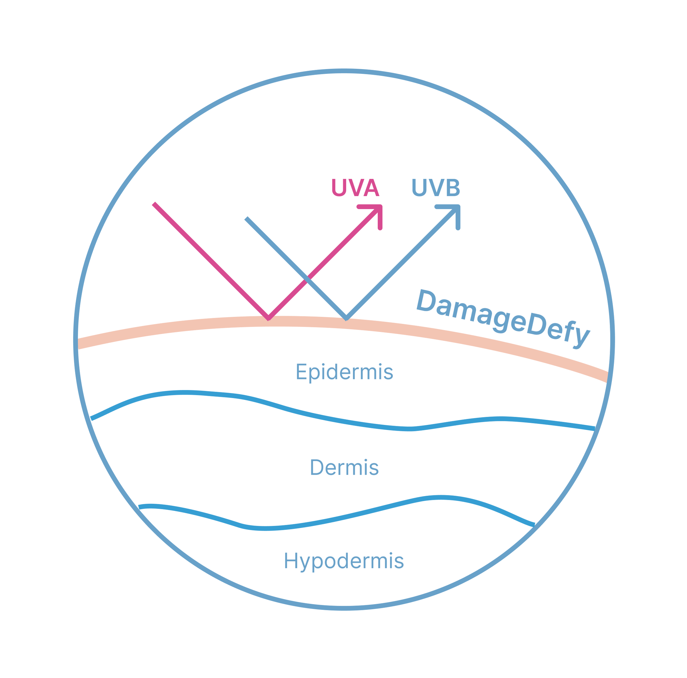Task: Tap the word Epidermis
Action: pyautogui.click(x=344, y=372)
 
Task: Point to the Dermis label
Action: pyautogui.click(x=344, y=467)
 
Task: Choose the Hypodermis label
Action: pyautogui.click(x=343, y=561)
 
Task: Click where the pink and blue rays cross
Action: pyautogui.click(x=308, y=279)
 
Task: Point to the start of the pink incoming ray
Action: pyautogui.click(x=154, y=204)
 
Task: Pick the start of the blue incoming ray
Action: pyautogui.click(x=246, y=219)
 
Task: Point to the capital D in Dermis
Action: pyautogui.click(x=316, y=467)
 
